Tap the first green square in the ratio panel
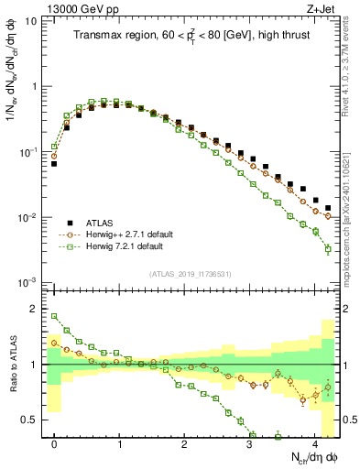[54, 317]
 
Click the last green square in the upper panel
[328, 249]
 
